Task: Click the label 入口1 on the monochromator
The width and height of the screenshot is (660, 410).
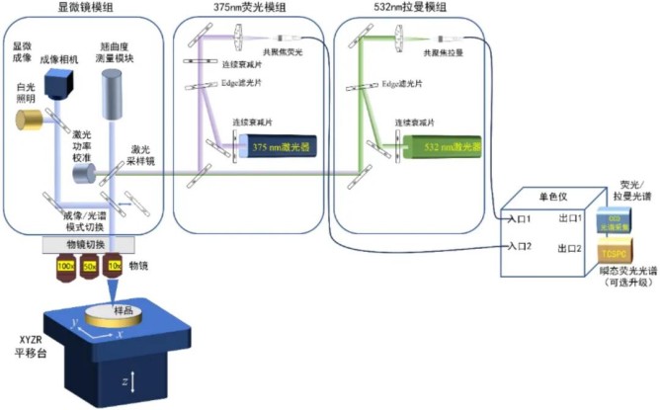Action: (526, 218)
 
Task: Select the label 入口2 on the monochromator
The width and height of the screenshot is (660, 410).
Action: (526, 248)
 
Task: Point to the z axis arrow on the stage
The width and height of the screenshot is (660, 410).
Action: (134, 380)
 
